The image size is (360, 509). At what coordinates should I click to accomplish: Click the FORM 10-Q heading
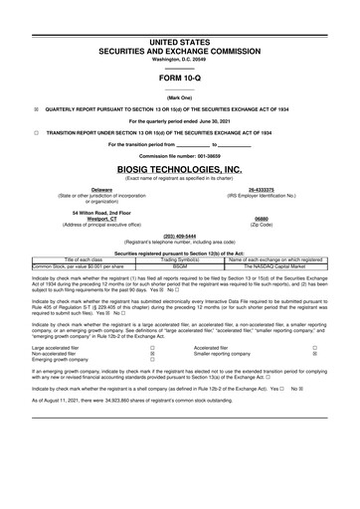point(180,77)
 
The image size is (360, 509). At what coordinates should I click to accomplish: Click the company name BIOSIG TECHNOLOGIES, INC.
point(180,170)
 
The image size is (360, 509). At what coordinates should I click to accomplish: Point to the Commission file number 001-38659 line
point(180,156)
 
